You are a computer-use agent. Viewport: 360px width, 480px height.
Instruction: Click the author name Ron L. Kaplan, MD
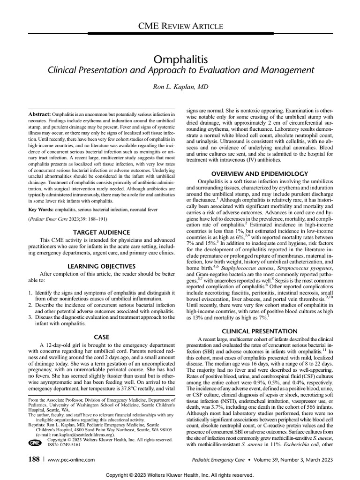pos(180,87)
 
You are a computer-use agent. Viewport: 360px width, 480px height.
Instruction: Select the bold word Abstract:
pos(39,114)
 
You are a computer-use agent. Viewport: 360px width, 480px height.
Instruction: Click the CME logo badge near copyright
pos(35,442)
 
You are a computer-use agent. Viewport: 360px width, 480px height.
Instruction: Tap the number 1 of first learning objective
pos(30,293)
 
